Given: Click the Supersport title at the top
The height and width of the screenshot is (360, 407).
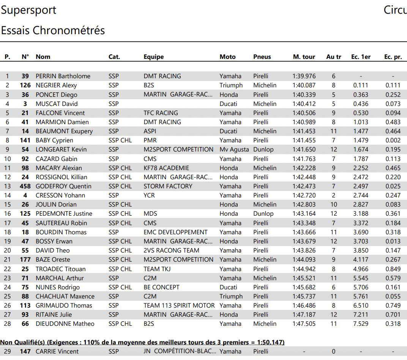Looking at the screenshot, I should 28,10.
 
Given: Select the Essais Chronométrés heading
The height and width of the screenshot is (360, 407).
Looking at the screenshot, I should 53,30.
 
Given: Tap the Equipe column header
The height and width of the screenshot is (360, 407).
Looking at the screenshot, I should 153,57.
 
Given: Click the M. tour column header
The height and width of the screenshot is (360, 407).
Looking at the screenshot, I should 304,57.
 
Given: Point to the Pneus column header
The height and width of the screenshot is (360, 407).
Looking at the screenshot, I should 262,57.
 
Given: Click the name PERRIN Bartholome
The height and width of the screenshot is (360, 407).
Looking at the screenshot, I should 63,76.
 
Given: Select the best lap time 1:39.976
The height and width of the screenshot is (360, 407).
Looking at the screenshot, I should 304,76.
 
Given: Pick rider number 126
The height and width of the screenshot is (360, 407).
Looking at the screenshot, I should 25,85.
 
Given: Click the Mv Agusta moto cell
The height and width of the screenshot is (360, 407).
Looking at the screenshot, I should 234,150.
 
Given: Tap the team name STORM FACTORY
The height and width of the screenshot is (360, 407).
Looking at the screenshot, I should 168,186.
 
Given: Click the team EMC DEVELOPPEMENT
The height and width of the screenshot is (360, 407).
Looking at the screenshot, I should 175,232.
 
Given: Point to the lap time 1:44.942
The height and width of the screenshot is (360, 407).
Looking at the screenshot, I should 304,269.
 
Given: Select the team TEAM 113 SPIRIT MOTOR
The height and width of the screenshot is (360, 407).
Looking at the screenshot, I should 179,305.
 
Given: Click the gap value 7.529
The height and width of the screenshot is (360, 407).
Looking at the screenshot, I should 360,324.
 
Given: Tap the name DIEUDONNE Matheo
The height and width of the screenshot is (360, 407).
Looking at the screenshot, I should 65,324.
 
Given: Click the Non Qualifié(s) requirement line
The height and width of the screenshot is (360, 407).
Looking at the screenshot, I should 142,342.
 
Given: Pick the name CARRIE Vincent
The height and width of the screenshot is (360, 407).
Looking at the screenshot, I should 57,352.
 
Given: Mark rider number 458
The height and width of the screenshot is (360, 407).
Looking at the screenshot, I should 25,186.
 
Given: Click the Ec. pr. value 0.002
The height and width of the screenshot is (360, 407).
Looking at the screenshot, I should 393,141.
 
